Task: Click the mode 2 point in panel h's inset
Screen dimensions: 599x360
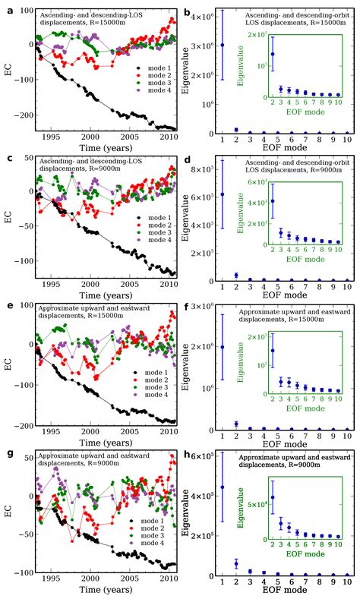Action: tap(272, 497)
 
